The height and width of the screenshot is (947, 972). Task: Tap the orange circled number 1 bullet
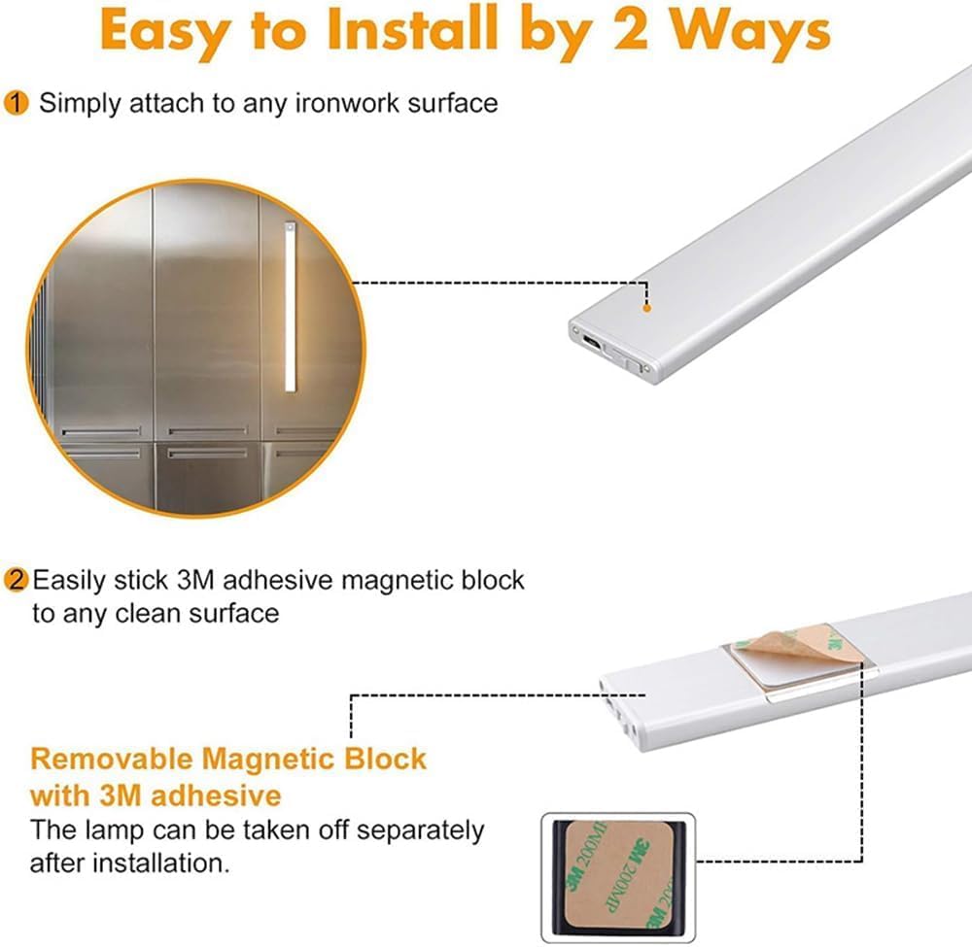coord(17,103)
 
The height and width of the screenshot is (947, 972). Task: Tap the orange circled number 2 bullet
coord(17,581)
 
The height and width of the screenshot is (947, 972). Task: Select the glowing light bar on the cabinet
coord(289,307)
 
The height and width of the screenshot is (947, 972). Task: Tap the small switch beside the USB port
coord(638,363)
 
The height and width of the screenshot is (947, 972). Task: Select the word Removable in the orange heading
coord(111,759)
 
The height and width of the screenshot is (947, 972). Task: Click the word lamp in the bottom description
coord(109,830)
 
